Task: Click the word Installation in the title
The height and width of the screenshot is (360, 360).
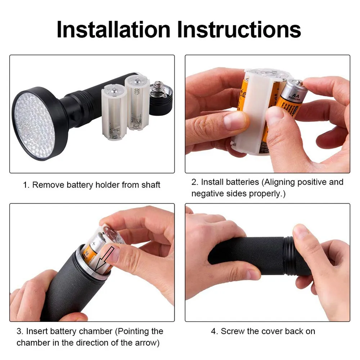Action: pos(113,30)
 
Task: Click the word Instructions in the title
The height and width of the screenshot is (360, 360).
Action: pos(239,30)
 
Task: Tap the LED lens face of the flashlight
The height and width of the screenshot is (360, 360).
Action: pos(35,125)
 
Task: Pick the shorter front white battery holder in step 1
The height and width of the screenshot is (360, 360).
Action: pos(114,112)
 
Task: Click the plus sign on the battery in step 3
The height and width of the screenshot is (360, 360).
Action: pos(94,244)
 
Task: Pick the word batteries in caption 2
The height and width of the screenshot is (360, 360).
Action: pos(242,182)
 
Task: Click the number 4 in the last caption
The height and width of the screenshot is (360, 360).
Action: pos(213,331)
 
